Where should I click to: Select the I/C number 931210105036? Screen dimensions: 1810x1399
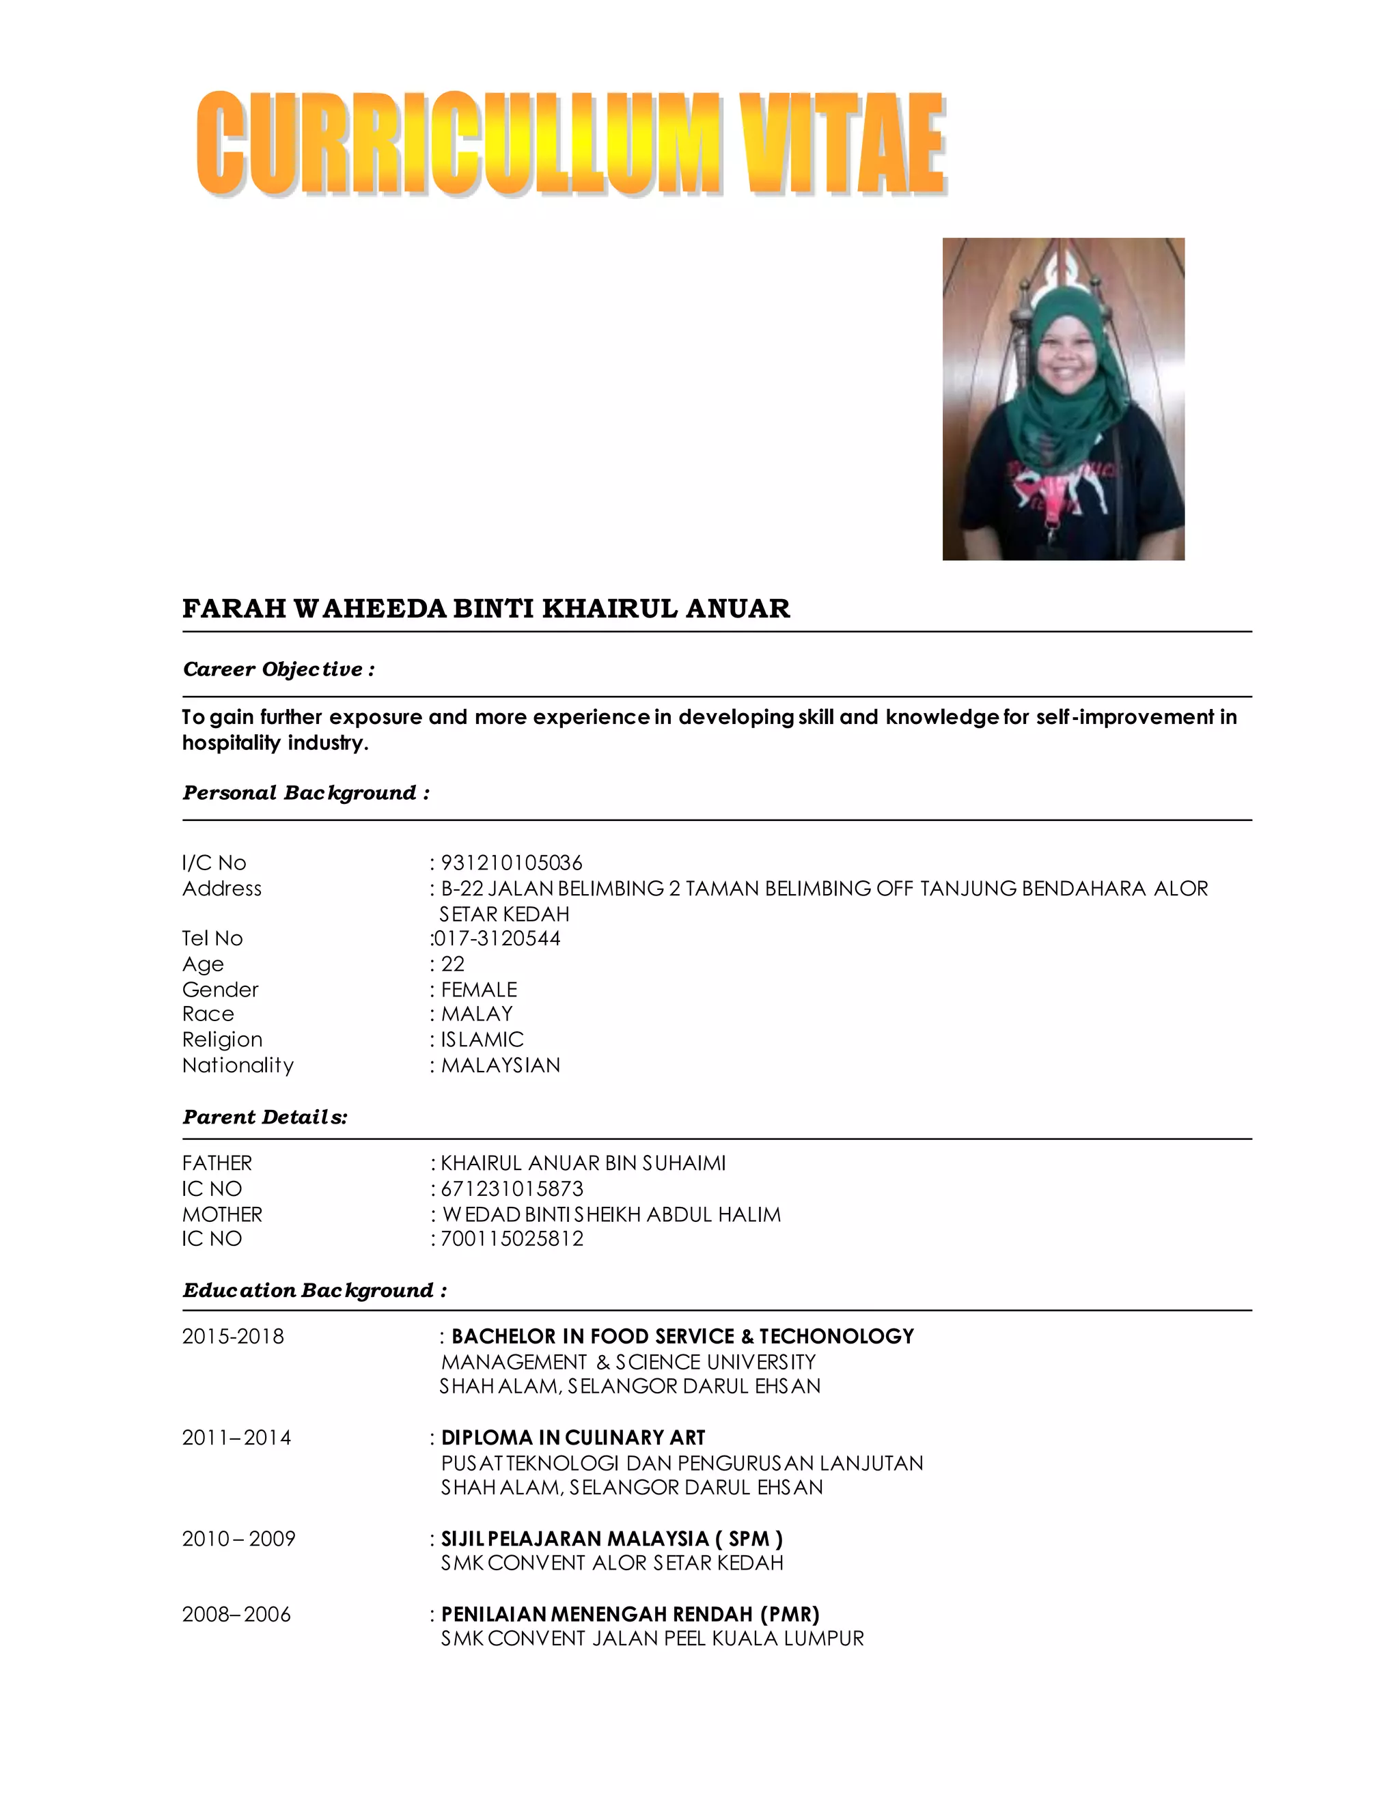[512, 863]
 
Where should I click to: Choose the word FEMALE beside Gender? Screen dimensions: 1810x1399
[479, 990]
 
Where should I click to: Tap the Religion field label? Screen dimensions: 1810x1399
[222, 1040]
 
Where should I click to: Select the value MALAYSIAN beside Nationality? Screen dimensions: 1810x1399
[501, 1065]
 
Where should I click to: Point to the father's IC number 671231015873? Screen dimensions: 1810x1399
[512, 1188]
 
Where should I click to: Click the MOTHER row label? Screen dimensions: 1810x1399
[222, 1214]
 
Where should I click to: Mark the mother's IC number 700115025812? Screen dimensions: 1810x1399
[512, 1238]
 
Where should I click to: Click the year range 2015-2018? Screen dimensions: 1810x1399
[233, 1336]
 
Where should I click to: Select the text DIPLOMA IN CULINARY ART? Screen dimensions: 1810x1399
[572, 1437]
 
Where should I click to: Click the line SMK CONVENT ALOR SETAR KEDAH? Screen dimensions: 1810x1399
[611, 1562]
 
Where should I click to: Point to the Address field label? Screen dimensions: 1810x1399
[221, 889]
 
